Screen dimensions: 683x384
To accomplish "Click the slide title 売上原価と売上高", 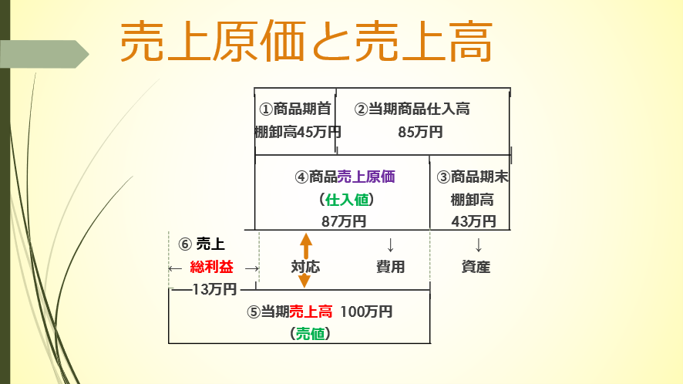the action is (306, 42).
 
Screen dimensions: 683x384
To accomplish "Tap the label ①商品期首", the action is (295, 109).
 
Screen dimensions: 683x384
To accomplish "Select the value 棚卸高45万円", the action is (298, 132).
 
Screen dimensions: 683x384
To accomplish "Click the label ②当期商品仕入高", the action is (412, 109).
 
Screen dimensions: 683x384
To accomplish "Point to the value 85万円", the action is (420, 132).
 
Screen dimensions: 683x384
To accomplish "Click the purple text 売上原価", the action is (366, 177).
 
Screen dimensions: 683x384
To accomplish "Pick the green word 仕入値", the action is (347, 200).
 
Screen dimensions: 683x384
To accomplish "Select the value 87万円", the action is (344, 221).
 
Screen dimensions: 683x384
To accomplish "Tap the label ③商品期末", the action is (473, 177).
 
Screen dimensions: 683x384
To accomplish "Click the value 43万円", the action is (473, 221).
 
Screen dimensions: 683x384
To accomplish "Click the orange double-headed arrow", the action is (305, 260).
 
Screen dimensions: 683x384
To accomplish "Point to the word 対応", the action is (305, 267).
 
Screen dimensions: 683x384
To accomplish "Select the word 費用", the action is (390, 267).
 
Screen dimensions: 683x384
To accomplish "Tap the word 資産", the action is (476, 267).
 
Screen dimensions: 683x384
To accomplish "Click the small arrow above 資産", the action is (478, 245).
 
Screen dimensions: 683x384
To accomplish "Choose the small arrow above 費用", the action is (390, 245).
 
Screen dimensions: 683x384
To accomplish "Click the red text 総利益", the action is (212, 267).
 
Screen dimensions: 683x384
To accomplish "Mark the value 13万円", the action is (214, 288).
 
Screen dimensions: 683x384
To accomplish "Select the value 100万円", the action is (366, 312).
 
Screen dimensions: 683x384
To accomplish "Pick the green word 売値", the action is (310, 333).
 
